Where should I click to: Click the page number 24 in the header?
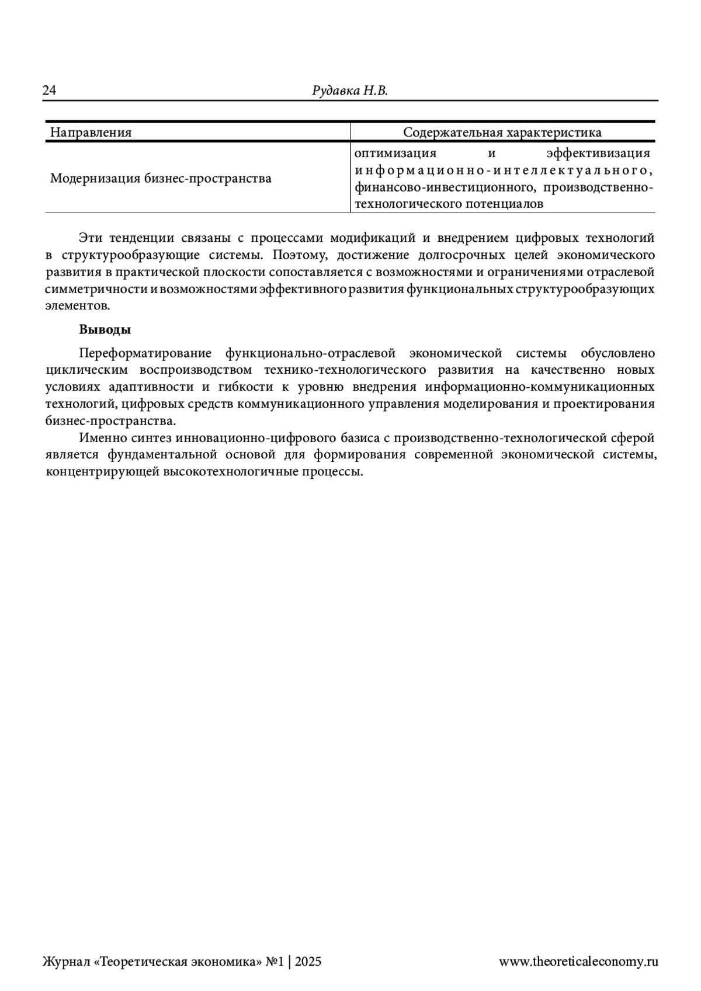tap(49, 91)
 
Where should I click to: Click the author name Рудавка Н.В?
tap(350, 91)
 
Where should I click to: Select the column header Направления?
tap(91, 133)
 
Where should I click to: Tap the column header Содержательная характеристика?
tap(502, 133)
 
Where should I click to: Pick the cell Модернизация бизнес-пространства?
tap(161, 178)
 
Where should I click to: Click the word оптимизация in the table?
tap(395, 154)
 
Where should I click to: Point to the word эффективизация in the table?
tap(598, 154)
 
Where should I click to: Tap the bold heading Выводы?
tap(105, 329)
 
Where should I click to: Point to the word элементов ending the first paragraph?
tap(78, 305)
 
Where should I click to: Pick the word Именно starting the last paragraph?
tap(99, 438)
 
